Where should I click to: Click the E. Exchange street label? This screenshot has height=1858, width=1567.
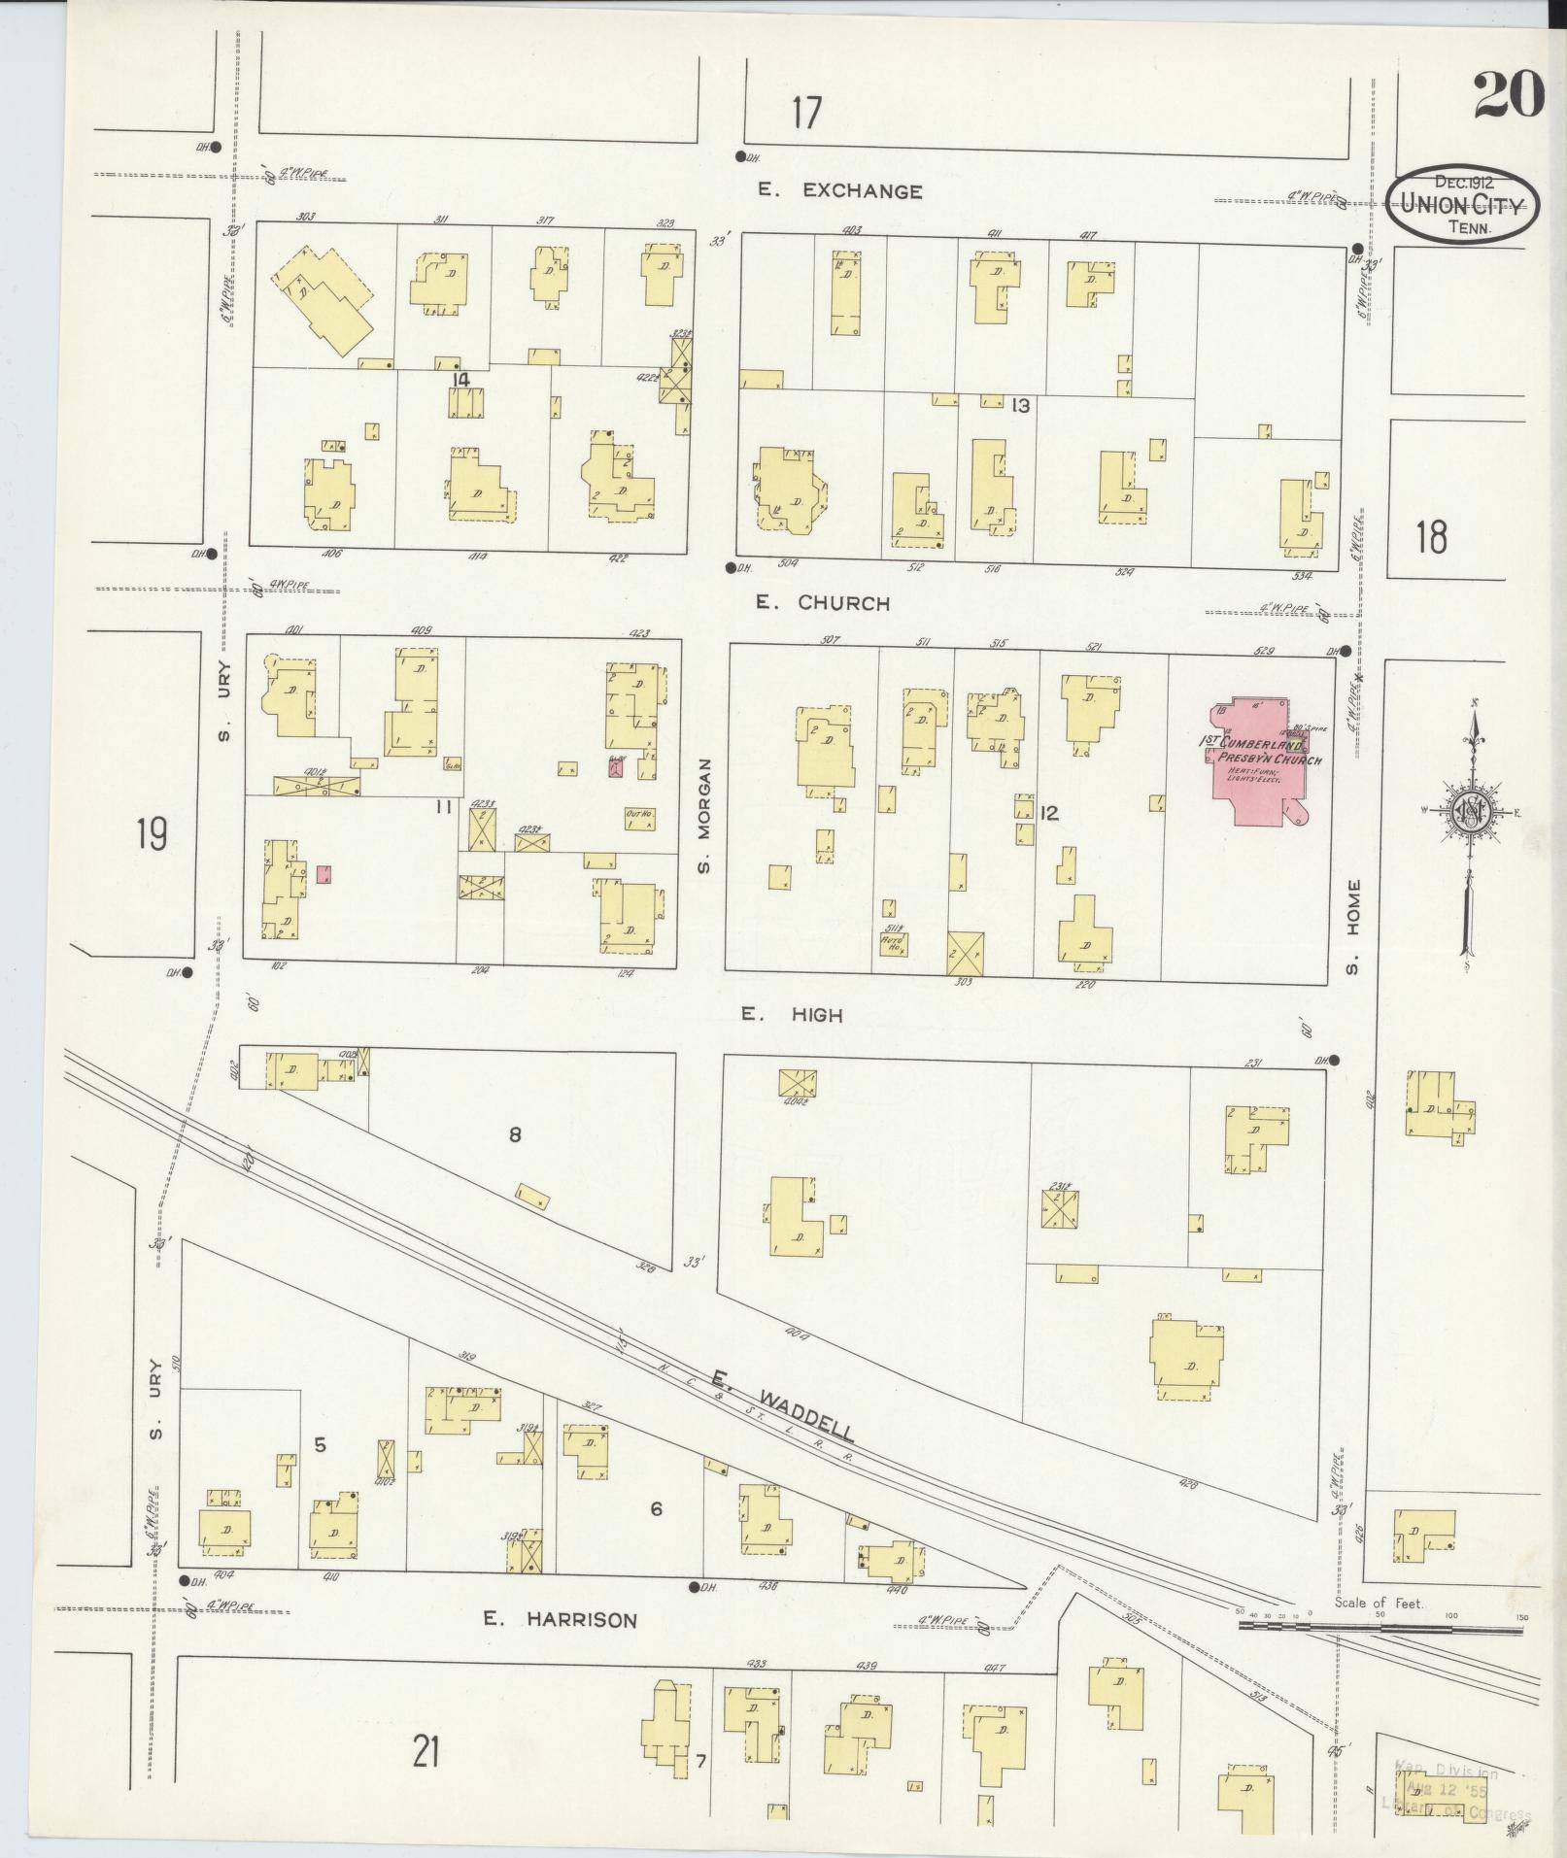point(840,191)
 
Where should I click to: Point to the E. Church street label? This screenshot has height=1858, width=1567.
point(823,603)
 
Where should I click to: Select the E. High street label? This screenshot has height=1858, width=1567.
point(792,1015)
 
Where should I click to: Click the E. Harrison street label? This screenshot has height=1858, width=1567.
point(561,1619)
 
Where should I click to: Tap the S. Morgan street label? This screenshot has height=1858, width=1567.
point(705,815)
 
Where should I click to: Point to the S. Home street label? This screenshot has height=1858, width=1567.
point(1354,927)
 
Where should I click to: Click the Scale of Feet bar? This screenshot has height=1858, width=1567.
point(1380,1624)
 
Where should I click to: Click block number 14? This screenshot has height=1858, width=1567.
point(460,380)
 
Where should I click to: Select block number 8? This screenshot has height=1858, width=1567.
point(515,1133)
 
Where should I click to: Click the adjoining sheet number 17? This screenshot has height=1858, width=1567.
point(805,114)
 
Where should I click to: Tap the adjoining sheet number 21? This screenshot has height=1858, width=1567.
point(425,1752)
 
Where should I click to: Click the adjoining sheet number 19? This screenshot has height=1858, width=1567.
point(151,833)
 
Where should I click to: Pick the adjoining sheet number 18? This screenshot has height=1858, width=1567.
point(1431,536)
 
